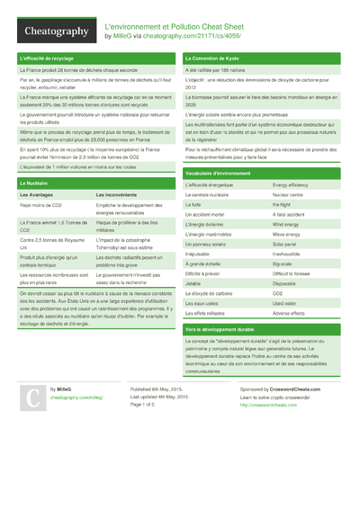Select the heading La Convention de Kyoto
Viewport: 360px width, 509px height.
pyautogui.click(x=212, y=58)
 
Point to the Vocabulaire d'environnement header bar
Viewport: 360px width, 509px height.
pyautogui.click(x=217, y=172)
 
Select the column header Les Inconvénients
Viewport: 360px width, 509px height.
pyautogui.click(x=116, y=194)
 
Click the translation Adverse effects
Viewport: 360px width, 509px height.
pyautogui.click(x=290, y=312)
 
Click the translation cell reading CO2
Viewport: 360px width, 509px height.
pyautogui.click(x=277, y=293)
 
